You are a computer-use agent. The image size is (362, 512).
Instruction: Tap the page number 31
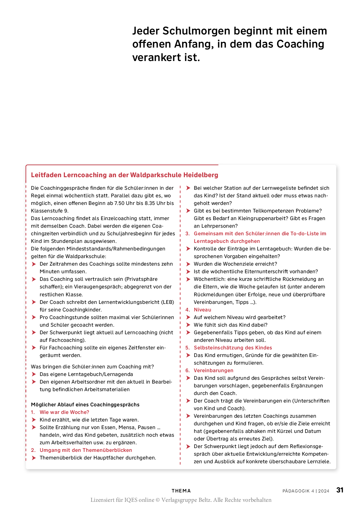coord(340,490)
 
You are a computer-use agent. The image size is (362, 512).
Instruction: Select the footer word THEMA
coord(181,491)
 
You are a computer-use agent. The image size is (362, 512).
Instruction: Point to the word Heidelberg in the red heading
coord(201,175)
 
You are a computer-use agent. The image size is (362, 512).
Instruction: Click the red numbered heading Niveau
coord(202,310)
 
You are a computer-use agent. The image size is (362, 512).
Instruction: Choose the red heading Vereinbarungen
coord(213,370)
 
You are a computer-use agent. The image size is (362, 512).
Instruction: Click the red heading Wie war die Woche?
coord(64,412)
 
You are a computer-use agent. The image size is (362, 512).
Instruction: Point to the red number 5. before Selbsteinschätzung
coord(187,348)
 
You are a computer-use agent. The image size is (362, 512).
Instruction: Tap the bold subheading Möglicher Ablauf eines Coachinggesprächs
coord(85,405)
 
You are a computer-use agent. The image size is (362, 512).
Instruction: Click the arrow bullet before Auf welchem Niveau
coord(188,317)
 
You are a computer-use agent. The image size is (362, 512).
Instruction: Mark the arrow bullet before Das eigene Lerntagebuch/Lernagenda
coord(34,374)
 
